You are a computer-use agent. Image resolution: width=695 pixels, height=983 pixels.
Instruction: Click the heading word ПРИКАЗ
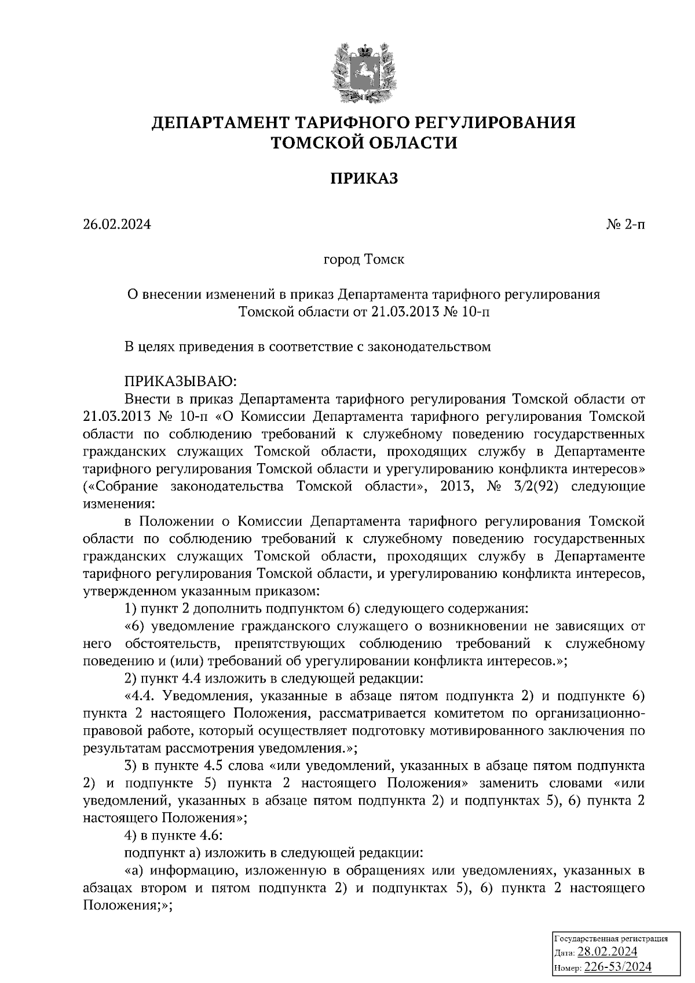364,178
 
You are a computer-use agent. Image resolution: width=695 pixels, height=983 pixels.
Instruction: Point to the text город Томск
363,259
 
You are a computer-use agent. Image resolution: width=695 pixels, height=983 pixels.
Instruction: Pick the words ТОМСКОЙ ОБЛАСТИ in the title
364,142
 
